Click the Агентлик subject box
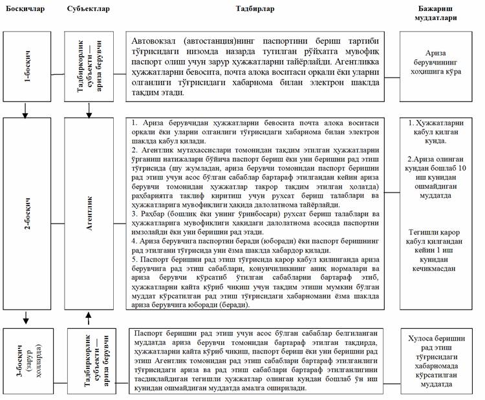pos(89,214)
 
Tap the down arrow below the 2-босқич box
pos(27,317)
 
